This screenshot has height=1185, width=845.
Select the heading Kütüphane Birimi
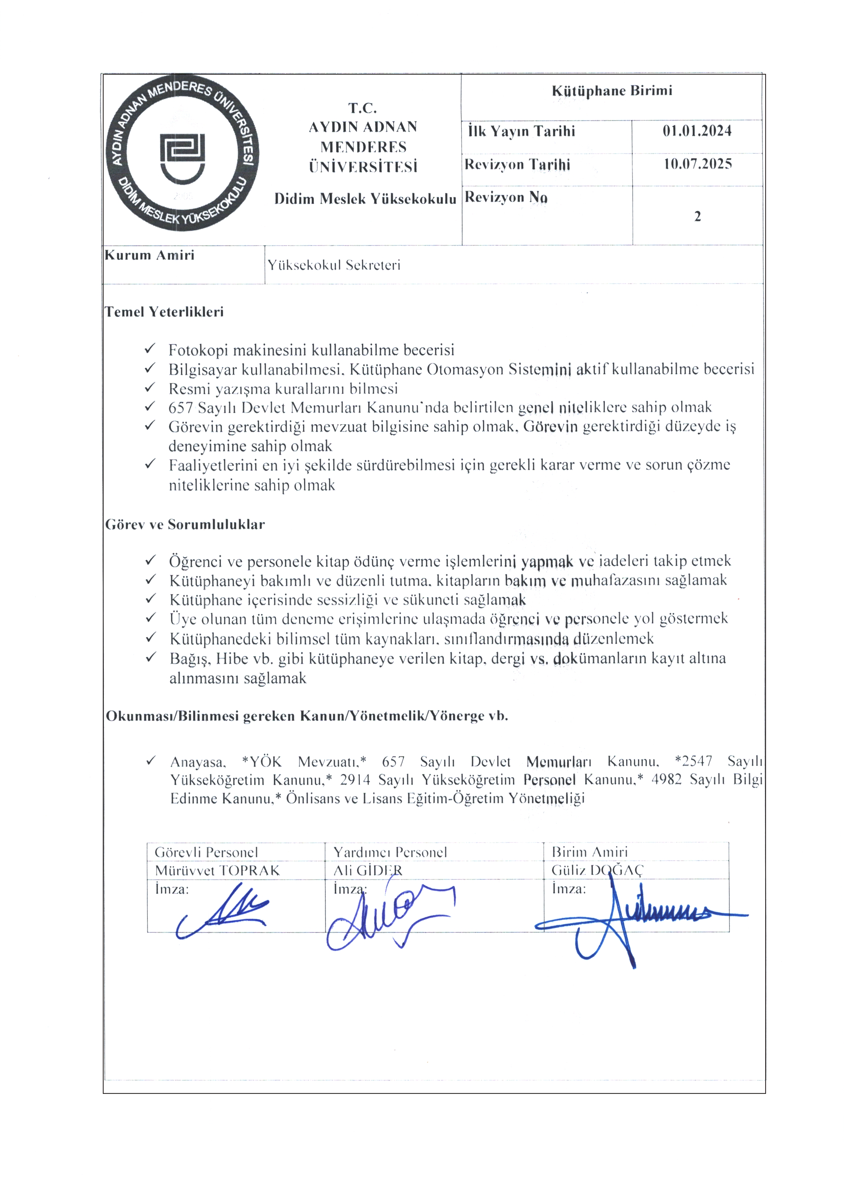612,91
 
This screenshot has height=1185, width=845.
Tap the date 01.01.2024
697,131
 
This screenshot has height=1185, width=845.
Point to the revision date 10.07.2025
697,164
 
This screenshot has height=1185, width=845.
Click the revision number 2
697,216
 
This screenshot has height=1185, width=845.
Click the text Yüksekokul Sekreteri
334,265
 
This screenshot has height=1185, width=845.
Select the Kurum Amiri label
150,255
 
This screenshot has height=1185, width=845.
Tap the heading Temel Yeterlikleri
165,312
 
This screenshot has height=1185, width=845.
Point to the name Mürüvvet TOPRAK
217,870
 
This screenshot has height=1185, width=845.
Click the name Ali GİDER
368,870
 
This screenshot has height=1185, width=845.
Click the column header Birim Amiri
589,852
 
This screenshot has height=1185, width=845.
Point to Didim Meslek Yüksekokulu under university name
365,199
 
